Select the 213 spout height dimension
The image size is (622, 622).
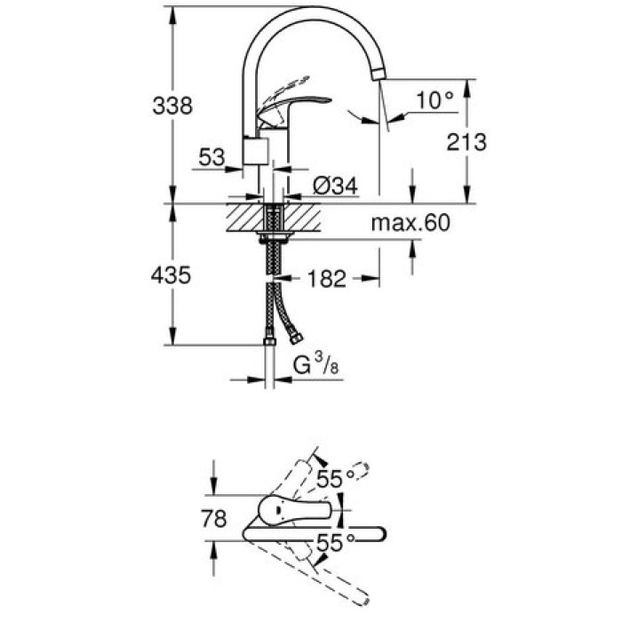[467, 142]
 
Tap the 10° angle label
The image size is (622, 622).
[434, 100]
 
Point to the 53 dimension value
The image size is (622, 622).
[211, 158]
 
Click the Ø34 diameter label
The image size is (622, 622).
[334, 186]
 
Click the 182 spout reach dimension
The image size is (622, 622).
[327, 279]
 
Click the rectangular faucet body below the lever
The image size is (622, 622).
[255, 151]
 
